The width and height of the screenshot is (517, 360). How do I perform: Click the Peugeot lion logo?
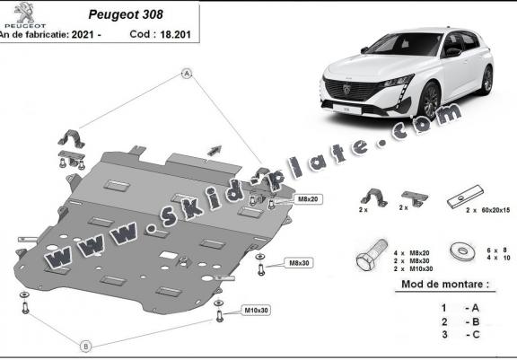[x=24, y=12]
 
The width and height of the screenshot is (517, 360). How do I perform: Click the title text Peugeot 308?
[x=126, y=15]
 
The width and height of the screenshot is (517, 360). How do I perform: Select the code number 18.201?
[x=175, y=35]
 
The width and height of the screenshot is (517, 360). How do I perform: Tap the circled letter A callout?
[x=187, y=74]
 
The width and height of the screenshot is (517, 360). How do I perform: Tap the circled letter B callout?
[x=86, y=347]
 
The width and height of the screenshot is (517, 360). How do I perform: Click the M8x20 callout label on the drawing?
[x=308, y=199]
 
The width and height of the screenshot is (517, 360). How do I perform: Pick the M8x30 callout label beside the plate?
[x=299, y=263]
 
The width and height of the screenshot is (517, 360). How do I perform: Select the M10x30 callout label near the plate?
[x=256, y=311]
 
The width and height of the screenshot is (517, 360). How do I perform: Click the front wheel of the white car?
[x=430, y=101]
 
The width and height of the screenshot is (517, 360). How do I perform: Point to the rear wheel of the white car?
[x=487, y=81]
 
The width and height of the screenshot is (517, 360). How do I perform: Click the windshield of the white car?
[x=405, y=44]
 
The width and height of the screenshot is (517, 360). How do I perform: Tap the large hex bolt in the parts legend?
[x=372, y=256]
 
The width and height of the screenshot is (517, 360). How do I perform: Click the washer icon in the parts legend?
[x=462, y=251]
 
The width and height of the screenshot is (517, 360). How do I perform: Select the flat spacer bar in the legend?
[x=465, y=198]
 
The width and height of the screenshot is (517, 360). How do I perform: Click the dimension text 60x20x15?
[x=495, y=210]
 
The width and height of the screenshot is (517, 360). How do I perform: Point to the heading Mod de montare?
[x=445, y=285]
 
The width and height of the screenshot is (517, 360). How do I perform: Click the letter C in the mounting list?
[x=476, y=334]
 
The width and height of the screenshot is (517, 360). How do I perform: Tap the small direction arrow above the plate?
[x=215, y=150]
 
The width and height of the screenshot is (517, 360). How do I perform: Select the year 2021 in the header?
[x=83, y=35]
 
